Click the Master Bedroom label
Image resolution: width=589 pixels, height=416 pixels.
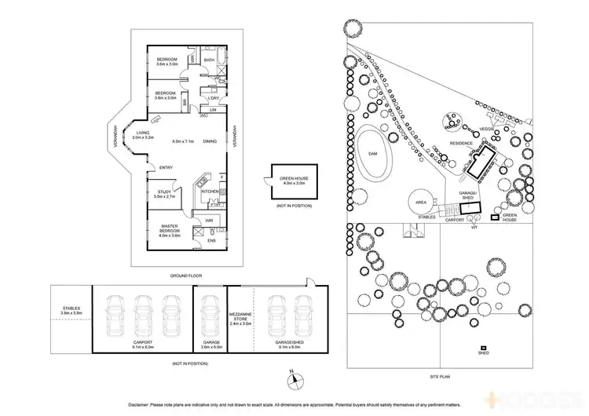point(169,229)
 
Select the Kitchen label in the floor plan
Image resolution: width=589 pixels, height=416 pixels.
point(208,192)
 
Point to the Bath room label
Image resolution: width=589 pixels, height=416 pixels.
point(209,60)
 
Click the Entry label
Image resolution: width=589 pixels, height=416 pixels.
point(166,168)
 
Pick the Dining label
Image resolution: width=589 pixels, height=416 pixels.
point(210,141)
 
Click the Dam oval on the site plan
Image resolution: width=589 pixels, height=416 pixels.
point(375,152)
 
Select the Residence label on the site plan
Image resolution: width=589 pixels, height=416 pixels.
point(461,144)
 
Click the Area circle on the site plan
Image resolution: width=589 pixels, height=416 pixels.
point(421,202)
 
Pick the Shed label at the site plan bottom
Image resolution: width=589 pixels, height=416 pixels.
point(484,353)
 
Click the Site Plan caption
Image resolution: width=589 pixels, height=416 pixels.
point(439,377)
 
